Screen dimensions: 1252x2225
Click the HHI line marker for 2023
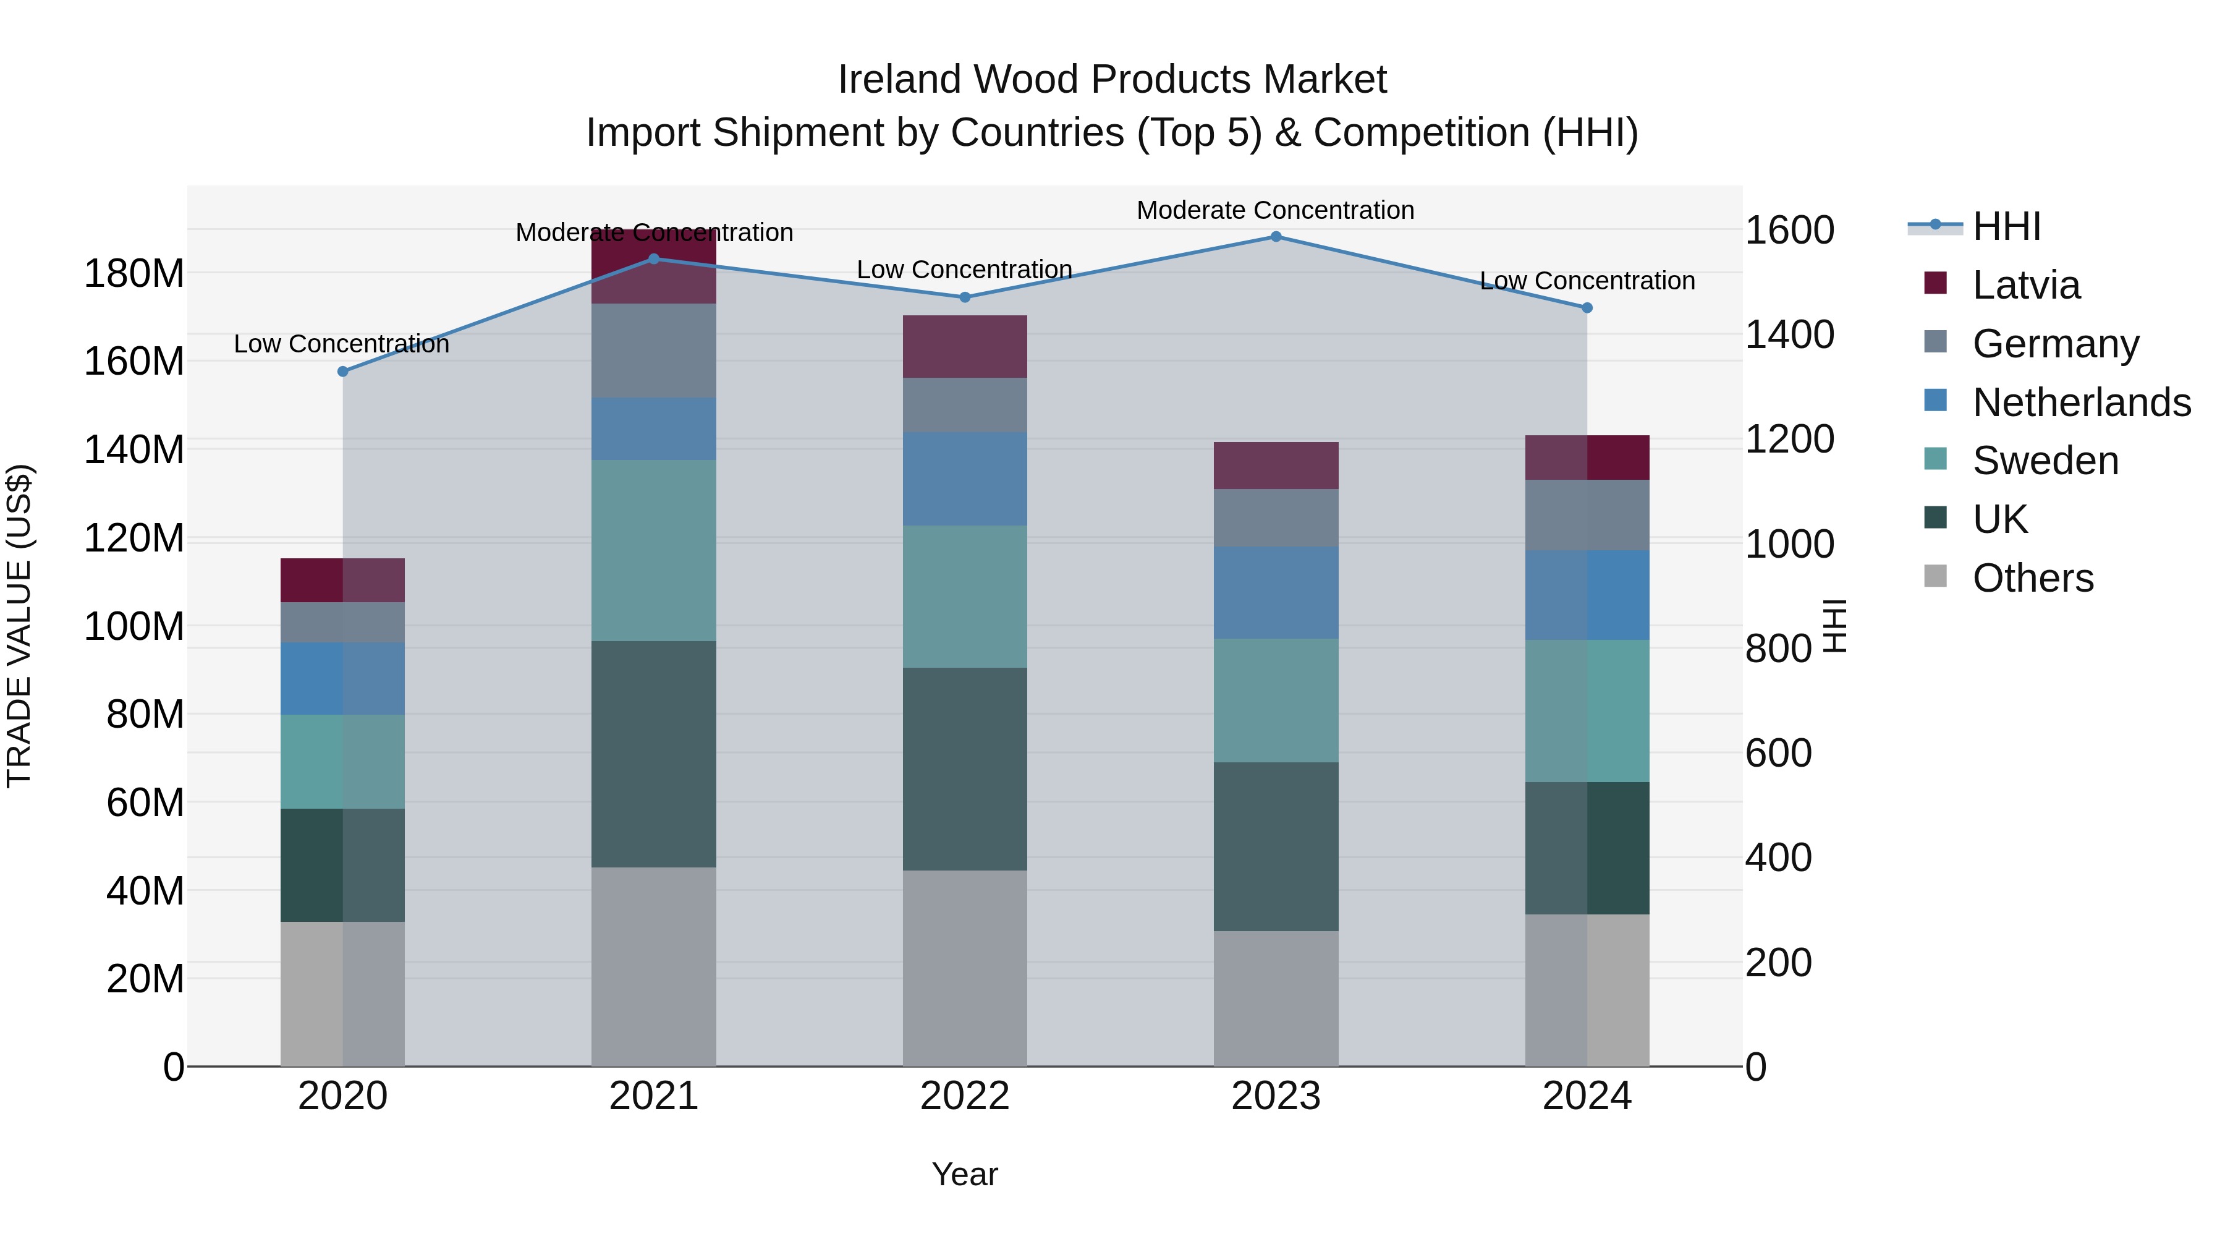click(1276, 237)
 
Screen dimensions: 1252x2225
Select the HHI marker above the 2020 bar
click(343, 372)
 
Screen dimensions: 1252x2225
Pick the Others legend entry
click(2032, 578)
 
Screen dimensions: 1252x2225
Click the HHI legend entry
click(2006, 226)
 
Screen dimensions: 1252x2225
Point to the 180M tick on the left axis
click(134, 274)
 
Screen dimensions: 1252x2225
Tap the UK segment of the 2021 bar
click(654, 754)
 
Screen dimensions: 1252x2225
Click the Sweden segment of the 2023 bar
click(1276, 700)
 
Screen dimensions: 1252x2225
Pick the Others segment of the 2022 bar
click(965, 968)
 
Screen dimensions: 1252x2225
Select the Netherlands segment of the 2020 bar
click(343, 678)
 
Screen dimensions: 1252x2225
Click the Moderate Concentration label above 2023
click(1275, 210)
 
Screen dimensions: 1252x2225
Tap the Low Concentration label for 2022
click(964, 270)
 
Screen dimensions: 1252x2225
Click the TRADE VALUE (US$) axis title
click(19, 626)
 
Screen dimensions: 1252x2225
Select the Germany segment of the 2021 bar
click(654, 351)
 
